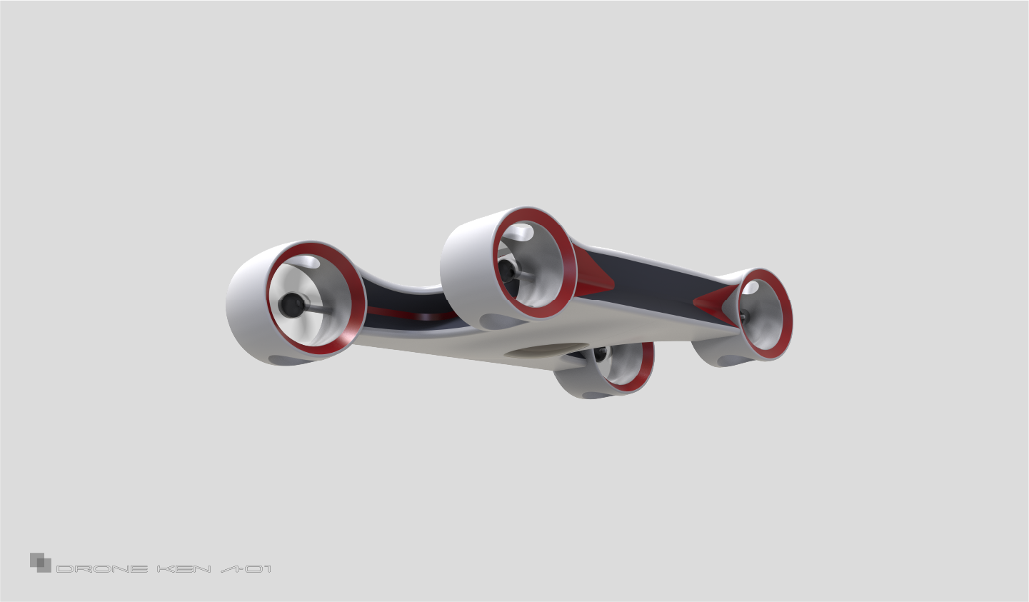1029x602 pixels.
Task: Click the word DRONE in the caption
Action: [101, 569]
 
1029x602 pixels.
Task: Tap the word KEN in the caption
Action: [184, 569]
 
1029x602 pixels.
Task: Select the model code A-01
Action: [246, 569]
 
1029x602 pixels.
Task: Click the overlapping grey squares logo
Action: [40, 562]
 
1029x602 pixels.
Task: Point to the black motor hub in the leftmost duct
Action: [290, 305]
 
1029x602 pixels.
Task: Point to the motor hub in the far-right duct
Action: [743, 316]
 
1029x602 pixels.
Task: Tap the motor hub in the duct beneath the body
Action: [600, 355]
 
